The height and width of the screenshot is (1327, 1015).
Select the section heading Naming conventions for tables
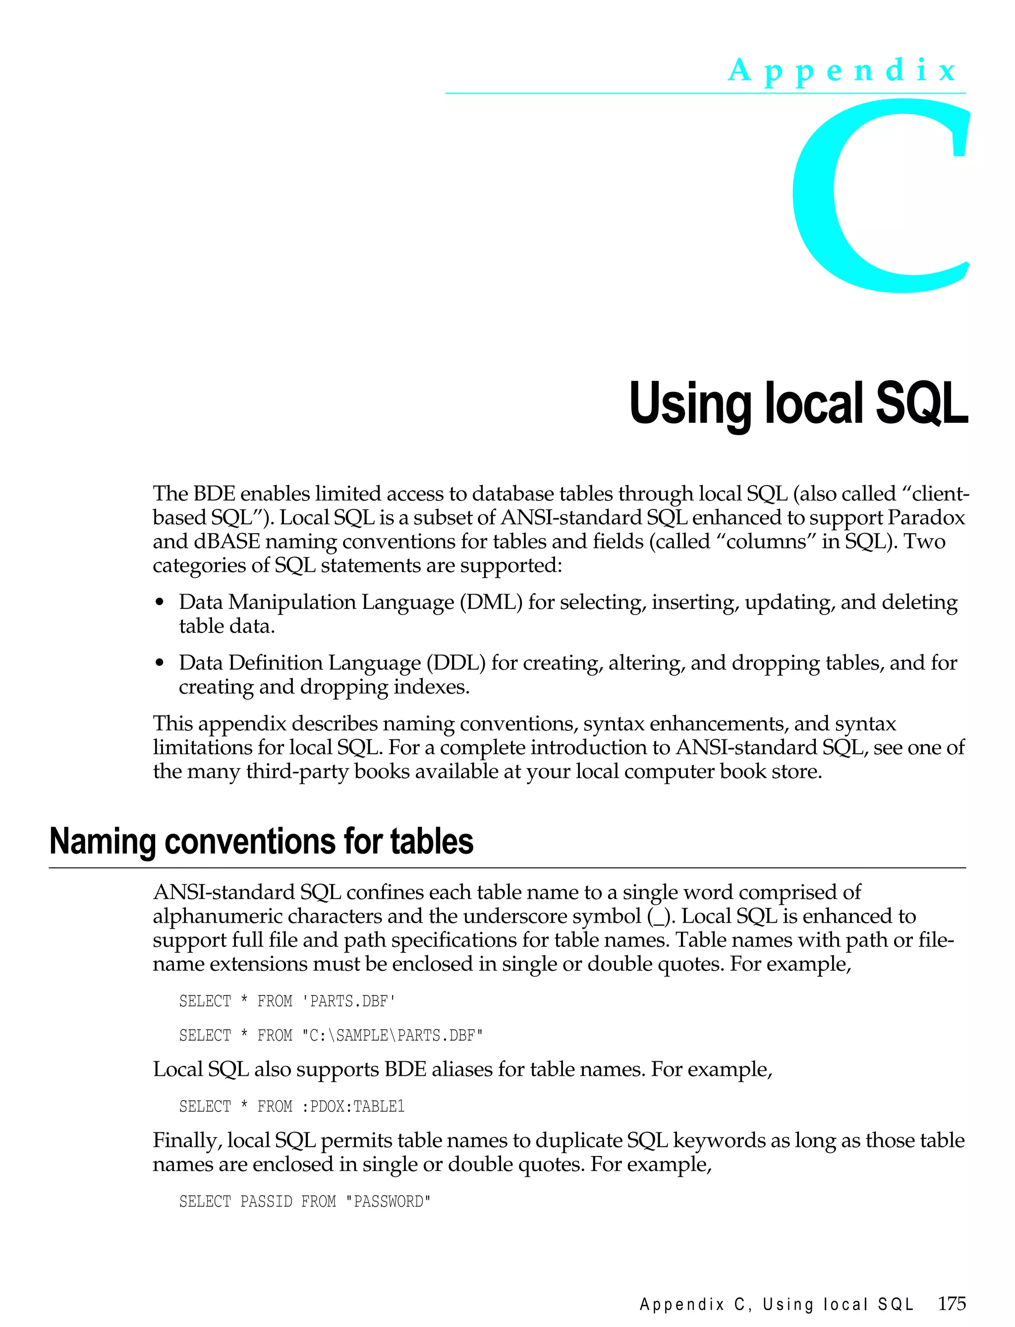pos(261,841)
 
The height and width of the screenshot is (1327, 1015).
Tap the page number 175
pos(952,1304)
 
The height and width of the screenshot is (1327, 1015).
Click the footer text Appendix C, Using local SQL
pos(776,1305)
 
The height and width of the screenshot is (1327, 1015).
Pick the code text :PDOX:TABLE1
pos(353,1106)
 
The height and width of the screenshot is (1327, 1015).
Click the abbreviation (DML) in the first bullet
pos(490,602)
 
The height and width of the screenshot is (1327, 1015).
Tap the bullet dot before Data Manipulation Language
pos(160,603)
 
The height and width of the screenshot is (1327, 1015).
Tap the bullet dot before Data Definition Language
pos(160,663)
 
